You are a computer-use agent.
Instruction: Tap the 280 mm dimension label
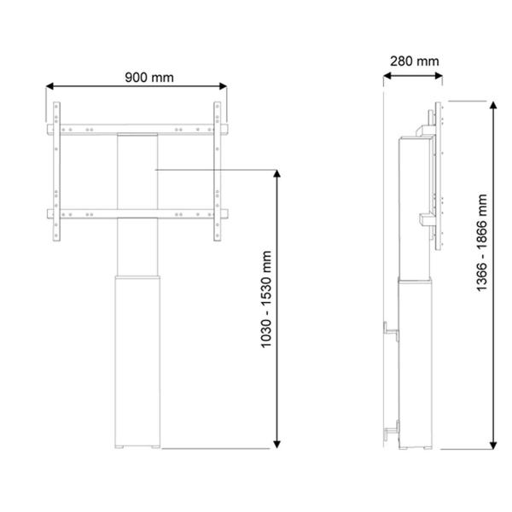pyautogui.click(x=414, y=61)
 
